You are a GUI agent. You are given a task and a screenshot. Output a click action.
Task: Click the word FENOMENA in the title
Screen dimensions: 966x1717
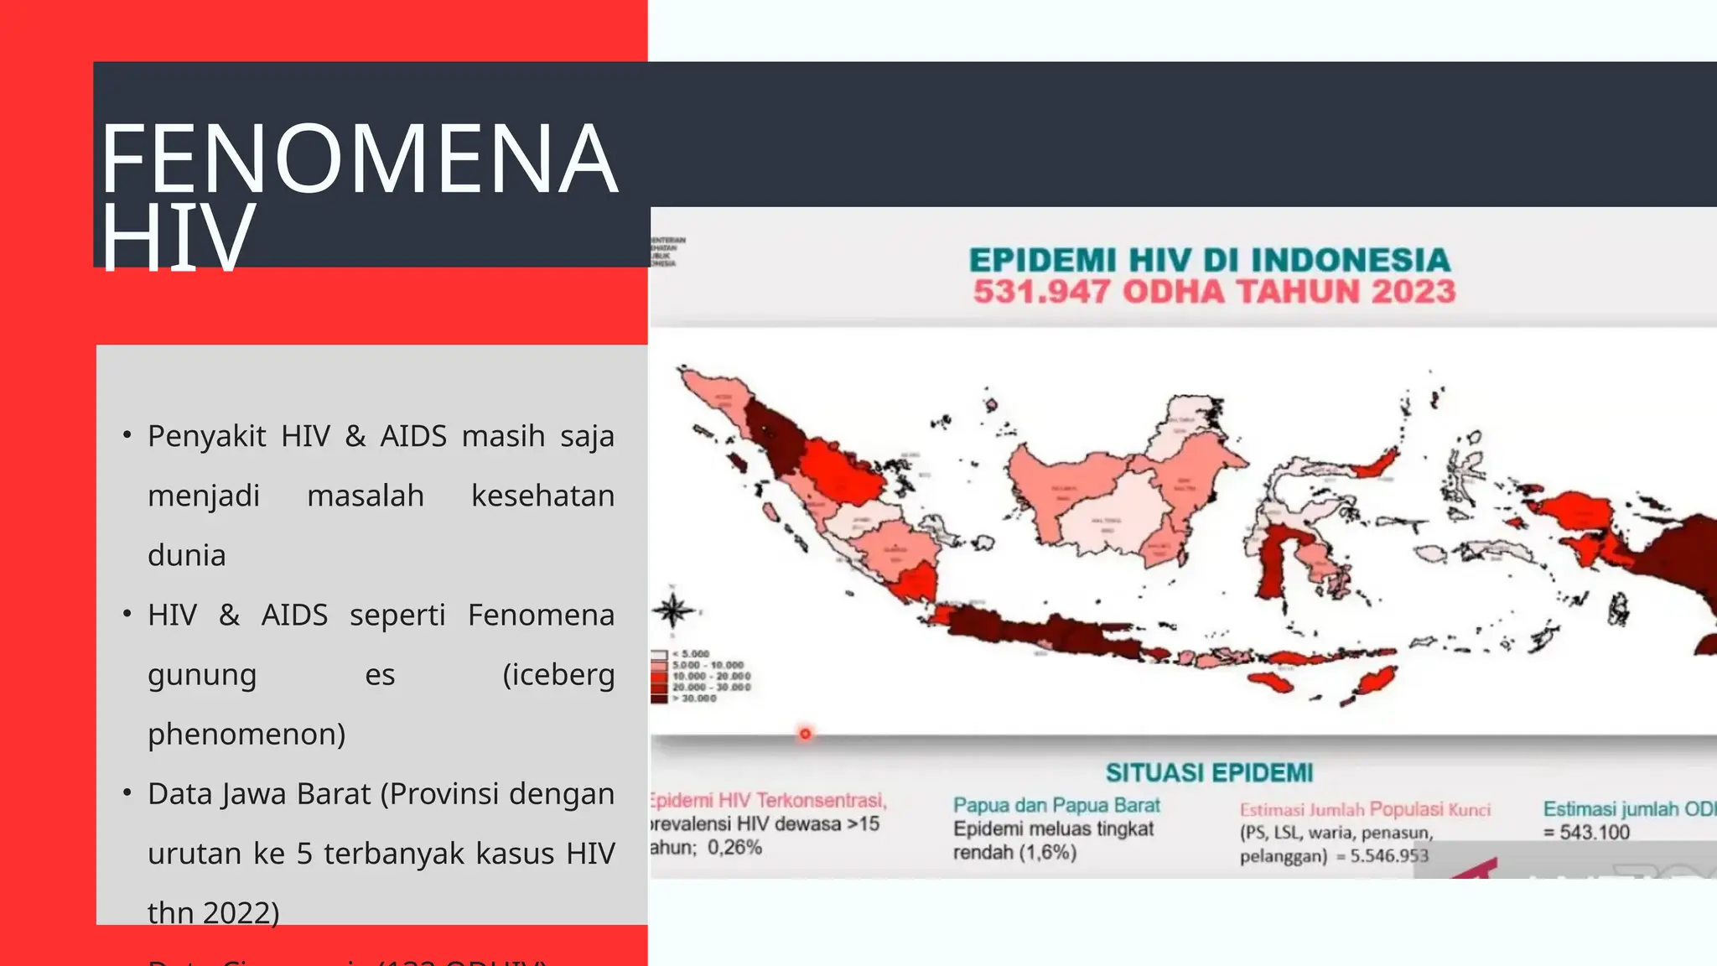pos(359,158)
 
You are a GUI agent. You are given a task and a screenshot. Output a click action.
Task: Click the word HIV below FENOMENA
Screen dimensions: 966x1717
pos(177,238)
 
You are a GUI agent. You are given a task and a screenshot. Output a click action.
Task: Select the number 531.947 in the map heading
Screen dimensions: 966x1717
pos(1041,292)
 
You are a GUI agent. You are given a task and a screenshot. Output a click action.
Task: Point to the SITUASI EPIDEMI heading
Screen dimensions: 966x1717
pos(1209,772)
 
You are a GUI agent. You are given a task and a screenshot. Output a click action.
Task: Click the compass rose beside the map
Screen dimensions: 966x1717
pos(673,610)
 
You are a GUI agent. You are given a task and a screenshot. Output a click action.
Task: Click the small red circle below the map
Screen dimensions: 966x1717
pos(805,734)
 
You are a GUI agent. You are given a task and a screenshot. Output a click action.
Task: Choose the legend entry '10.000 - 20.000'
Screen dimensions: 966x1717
pos(711,676)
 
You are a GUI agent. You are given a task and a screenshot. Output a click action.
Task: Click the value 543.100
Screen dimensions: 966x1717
pos(1594,832)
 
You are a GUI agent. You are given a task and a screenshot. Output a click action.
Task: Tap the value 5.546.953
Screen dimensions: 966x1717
pos(1388,855)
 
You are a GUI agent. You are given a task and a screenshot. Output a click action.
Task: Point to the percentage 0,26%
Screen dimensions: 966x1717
pos(734,847)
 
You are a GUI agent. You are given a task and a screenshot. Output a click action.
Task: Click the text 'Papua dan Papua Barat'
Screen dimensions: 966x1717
pos(1056,805)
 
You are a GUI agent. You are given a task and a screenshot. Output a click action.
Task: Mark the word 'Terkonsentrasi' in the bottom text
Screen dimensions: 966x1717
pos(822,801)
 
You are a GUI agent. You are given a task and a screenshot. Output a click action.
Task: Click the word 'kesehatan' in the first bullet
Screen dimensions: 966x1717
pos(542,496)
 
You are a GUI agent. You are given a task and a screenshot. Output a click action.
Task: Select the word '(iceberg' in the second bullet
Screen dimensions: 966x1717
pos(558,674)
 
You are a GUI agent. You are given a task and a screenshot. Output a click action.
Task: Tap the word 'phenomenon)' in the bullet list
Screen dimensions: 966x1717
pos(246,734)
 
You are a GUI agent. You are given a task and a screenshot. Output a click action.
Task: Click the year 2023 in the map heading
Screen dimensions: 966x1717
pos(1414,292)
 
